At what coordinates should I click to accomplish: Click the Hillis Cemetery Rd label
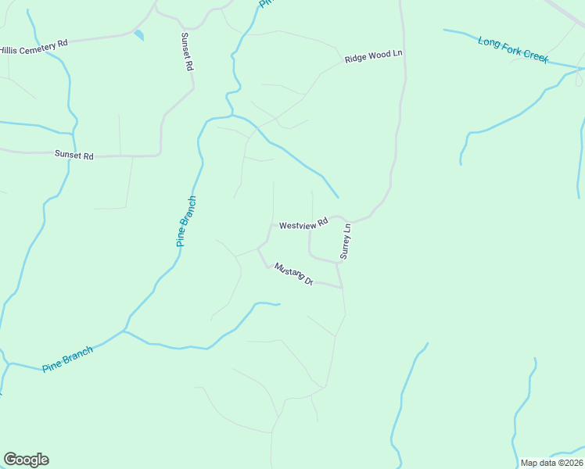(34, 45)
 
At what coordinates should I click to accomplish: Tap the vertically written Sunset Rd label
(187, 52)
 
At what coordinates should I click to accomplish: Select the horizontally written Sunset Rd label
(74, 156)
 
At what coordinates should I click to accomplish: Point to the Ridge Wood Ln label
(373, 56)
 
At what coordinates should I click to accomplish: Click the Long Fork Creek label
(513, 49)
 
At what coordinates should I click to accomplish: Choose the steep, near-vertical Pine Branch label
(186, 221)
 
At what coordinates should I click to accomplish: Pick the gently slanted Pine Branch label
(68, 358)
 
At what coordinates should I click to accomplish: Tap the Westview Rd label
(303, 225)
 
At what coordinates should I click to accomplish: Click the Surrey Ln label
(345, 242)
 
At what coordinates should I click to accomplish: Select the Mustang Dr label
(293, 274)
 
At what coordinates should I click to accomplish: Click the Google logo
(26, 460)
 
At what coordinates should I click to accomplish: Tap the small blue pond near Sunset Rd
(139, 34)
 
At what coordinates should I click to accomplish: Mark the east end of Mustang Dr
(343, 288)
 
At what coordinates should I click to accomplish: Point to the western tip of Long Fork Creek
(444, 30)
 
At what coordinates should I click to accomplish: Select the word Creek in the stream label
(536, 57)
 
